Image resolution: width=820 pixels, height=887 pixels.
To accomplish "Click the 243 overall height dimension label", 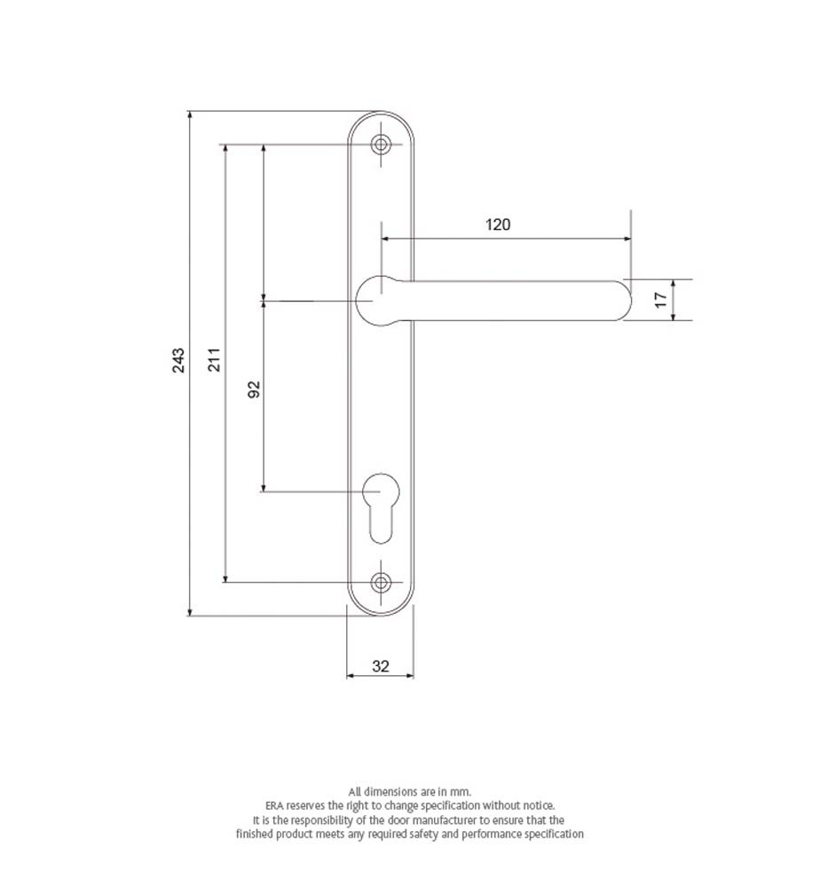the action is pyautogui.click(x=178, y=360).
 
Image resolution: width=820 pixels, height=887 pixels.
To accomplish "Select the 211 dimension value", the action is pyautogui.click(x=215, y=360).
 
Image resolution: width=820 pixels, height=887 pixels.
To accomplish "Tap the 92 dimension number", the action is pyautogui.click(x=255, y=389).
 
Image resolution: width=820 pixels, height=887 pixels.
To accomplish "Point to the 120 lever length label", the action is pyautogui.click(x=498, y=224).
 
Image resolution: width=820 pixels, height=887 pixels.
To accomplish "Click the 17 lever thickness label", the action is pyautogui.click(x=660, y=301).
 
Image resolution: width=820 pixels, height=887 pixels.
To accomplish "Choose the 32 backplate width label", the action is pyautogui.click(x=381, y=666).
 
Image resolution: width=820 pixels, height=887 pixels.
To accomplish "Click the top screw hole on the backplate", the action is pyautogui.click(x=381, y=145).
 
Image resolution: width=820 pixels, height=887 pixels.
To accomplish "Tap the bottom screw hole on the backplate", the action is pyautogui.click(x=381, y=582).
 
